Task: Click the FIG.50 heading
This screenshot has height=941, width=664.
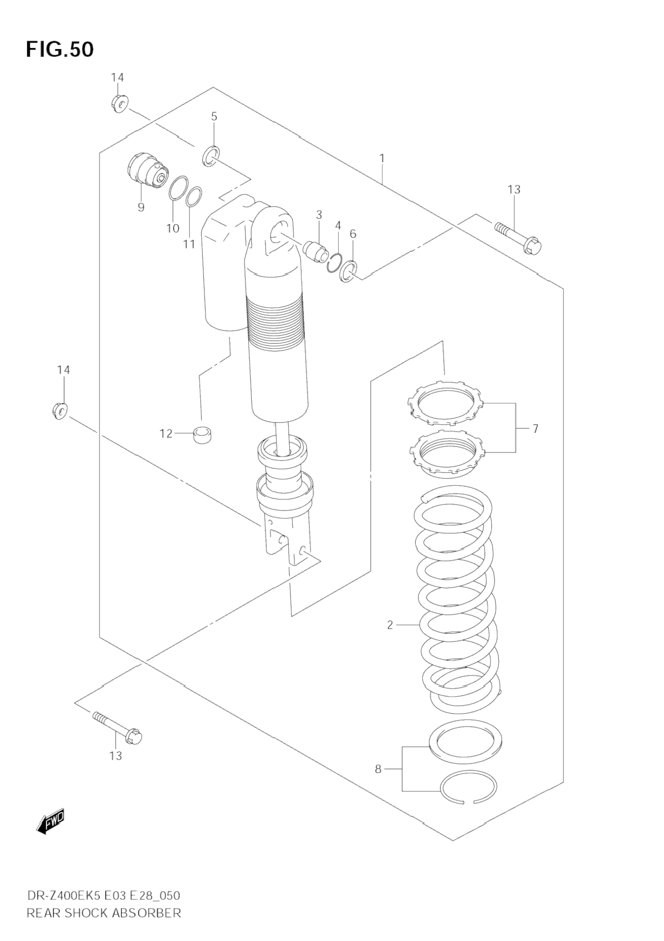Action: point(60,49)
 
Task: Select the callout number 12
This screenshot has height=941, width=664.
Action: point(166,434)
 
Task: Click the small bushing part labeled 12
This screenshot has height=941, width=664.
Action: point(202,435)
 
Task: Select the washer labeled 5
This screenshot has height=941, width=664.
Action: point(210,155)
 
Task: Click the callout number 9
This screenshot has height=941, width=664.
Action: point(141,207)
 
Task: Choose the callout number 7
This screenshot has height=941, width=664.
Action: point(535,428)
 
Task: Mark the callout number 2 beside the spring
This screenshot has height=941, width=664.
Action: point(390,625)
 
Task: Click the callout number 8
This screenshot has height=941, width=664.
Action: point(378,769)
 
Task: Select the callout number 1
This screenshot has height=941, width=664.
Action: point(382,158)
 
